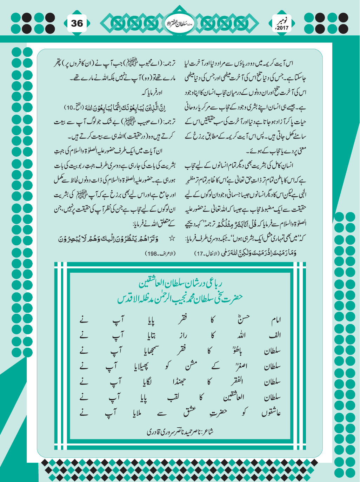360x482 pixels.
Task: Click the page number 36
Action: click(x=77, y=23)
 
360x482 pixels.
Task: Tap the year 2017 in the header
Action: click(x=282, y=28)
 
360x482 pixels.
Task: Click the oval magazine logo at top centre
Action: click(x=179, y=23)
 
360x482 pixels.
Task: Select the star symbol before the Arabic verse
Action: click(x=172, y=239)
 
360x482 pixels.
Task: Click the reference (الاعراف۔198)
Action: click(x=160, y=253)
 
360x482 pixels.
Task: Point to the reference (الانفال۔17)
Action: click(x=209, y=253)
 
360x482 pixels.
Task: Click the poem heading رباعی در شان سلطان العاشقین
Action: click(x=181, y=283)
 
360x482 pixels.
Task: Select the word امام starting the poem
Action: click(x=276, y=320)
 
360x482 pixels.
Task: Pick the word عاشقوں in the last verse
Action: click(x=271, y=413)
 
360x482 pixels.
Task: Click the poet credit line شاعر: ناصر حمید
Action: click(x=180, y=431)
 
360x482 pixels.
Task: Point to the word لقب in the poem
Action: click(x=173, y=397)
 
